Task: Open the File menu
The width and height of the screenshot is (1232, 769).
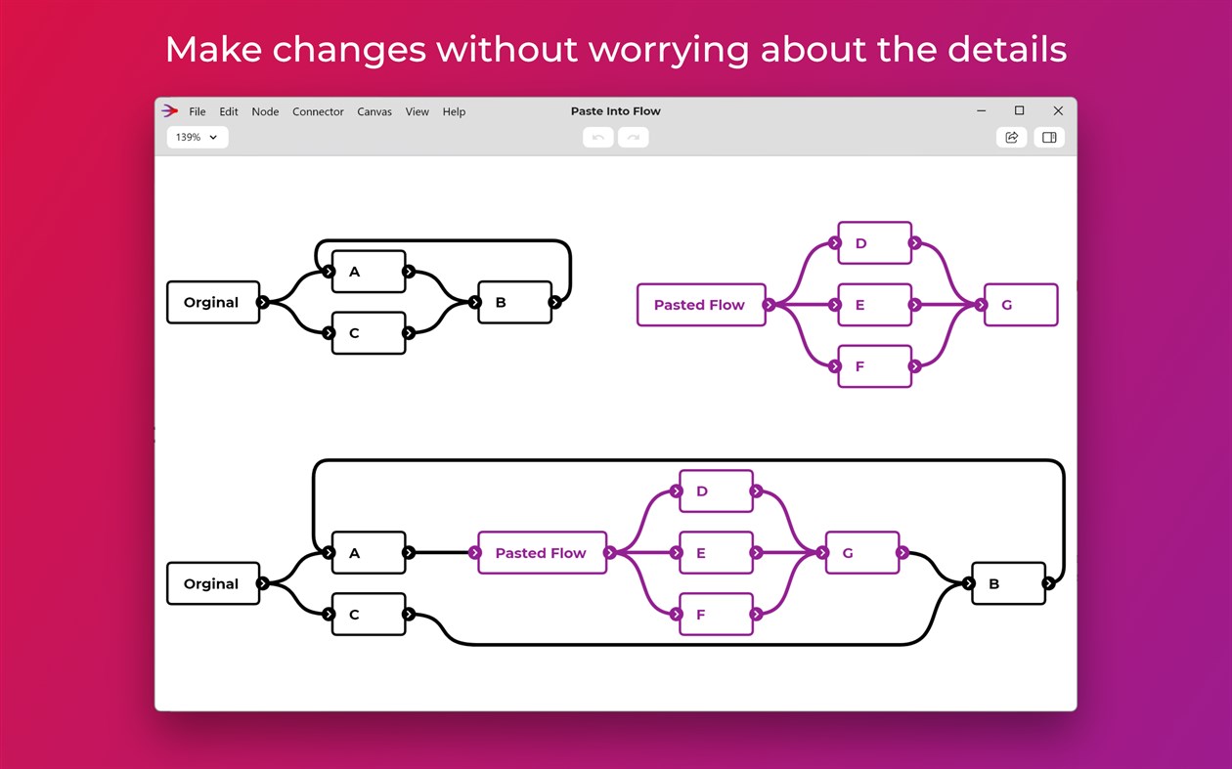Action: [x=197, y=111]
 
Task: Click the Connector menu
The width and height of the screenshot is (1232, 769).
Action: [x=318, y=111]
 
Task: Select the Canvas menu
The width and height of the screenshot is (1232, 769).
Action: [x=374, y=111]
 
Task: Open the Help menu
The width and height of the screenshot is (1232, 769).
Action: [x=454, y=111]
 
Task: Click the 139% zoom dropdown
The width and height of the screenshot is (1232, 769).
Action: [x=198, y=137]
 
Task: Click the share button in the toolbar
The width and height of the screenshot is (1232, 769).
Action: [x=1011, y=137]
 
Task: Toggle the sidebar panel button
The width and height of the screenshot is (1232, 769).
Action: [x=1049, y=137]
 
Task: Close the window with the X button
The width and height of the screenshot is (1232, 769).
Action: [x=1058, y=111]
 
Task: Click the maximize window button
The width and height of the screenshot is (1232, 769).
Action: [x=1019, y=110]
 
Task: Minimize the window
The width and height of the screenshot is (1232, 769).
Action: [x=982, y=111]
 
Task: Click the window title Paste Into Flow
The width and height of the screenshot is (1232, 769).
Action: [x=615, y=111]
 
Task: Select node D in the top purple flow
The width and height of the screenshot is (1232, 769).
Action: [x=874, y=243]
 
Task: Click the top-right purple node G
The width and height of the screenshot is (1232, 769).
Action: [x=1021, y=305]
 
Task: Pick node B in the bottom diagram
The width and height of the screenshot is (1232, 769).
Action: [x=1008, y=583]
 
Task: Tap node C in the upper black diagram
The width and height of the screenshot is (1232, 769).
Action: [x=369, y=333]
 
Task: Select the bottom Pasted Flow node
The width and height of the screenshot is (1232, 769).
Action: [x=543, y=552]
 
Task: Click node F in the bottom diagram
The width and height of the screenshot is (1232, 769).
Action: [x=716, y=614]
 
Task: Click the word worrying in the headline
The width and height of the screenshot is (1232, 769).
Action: [x=669, y=50]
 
